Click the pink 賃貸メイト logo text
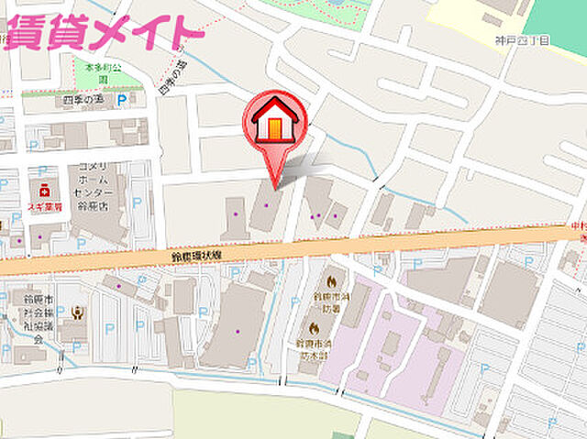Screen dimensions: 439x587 [103, 30]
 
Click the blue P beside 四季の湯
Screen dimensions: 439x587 [121, 100]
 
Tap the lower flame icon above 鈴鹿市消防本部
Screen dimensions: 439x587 [315, 326]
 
